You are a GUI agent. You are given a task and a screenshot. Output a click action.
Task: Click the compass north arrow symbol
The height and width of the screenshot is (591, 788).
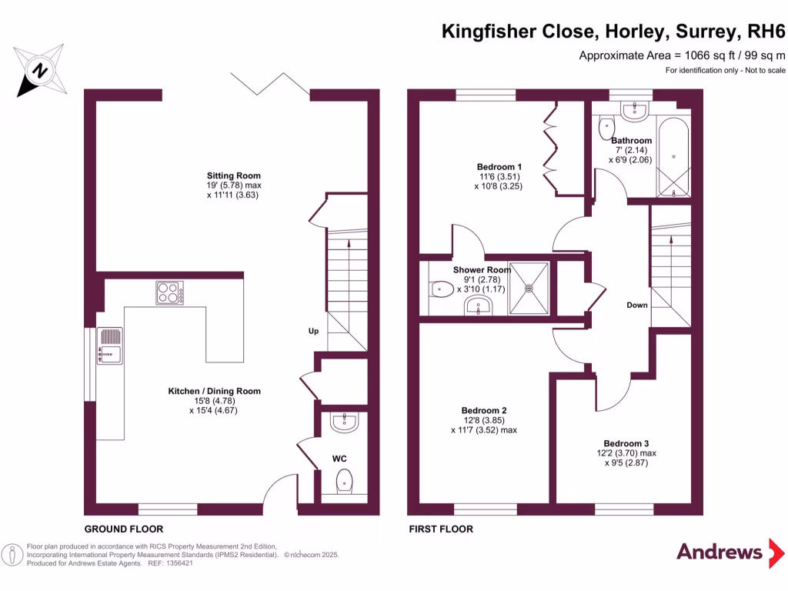[x=38, y=71]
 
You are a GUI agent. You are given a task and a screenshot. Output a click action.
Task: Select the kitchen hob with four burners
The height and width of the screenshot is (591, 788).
[x=170, y=292]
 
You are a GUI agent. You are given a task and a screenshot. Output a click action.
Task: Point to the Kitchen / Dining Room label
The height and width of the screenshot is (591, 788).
[x=214, y=391]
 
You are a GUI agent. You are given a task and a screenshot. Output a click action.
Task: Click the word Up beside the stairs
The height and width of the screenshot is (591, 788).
[x=313, y=332]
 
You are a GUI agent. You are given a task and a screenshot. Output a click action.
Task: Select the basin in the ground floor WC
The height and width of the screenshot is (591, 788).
[x=343, y=421]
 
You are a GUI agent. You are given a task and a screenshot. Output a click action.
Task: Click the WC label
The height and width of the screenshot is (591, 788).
[x=339, y=459]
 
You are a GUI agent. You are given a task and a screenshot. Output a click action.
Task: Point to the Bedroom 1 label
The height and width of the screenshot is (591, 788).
[x=499, y=166]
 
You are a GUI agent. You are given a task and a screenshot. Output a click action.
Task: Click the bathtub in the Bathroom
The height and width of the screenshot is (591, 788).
[x=673, y=159]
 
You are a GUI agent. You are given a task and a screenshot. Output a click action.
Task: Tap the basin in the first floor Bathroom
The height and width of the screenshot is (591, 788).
[x=633, y=112]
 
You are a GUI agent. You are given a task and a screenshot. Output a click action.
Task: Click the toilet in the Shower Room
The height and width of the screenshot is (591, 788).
[x=439, y=289]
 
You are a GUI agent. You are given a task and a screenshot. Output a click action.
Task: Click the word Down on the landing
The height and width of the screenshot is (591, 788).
[x=636, y=306]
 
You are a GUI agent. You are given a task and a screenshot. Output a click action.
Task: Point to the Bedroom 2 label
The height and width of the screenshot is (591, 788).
[x=483, y=410]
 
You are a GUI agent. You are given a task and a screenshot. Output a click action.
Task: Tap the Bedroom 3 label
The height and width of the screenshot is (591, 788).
[x=626, y=443]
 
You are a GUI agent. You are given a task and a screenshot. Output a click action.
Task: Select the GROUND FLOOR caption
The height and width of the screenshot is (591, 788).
[x=123, y=529]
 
